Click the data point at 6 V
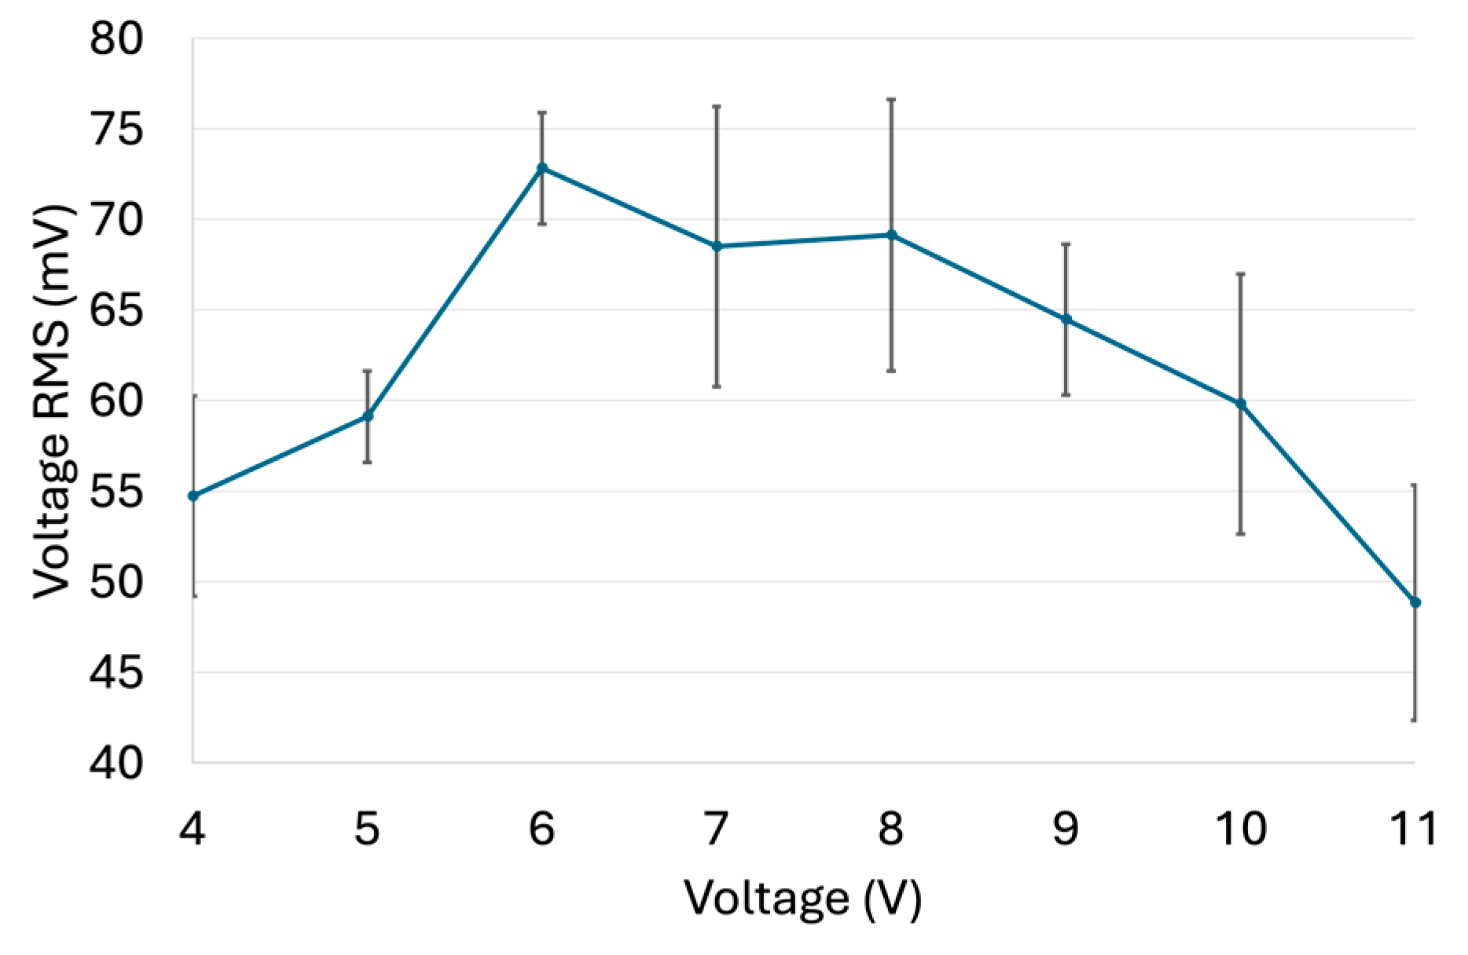tap(542, 168)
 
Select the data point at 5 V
tap(367, 415)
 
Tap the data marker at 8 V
tap(891, 235)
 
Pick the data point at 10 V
tap(1241, 404)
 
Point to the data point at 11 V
tap(1415, 602)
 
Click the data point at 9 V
tap(1066, 320)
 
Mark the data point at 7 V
tap(717, 247)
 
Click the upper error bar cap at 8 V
tap(891, 100)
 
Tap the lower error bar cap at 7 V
tap(717, 386)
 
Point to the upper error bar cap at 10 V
tap(1241, 274)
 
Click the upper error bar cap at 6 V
tap(542, 113)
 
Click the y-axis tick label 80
tap(116, 38)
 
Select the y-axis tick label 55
tap(116, 492)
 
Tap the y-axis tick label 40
tap(116, 763)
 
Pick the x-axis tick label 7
tap(716, 828)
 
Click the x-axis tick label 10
tap(1241, 828)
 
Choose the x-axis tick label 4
tap(193, 828)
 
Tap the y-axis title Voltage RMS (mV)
tap(53, 401)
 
